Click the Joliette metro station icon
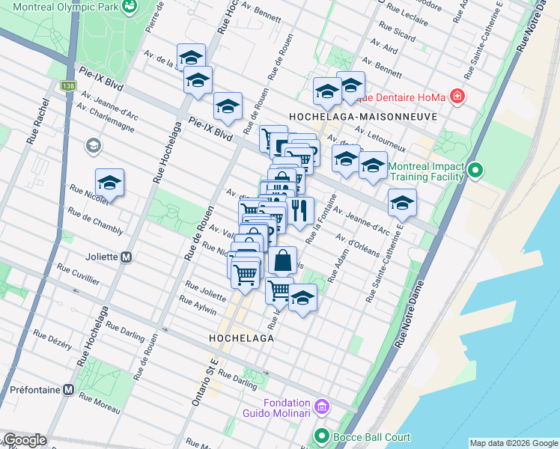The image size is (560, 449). coord(127,257)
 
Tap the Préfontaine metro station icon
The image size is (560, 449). coord(68,390)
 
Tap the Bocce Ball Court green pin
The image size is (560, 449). coord(322,435)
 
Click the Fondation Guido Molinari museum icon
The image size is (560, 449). coord(322,406)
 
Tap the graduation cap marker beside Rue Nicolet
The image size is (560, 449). coord(109,183)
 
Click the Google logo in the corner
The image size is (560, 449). coord(25,440)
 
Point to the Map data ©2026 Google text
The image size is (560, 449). coord(513,443)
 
